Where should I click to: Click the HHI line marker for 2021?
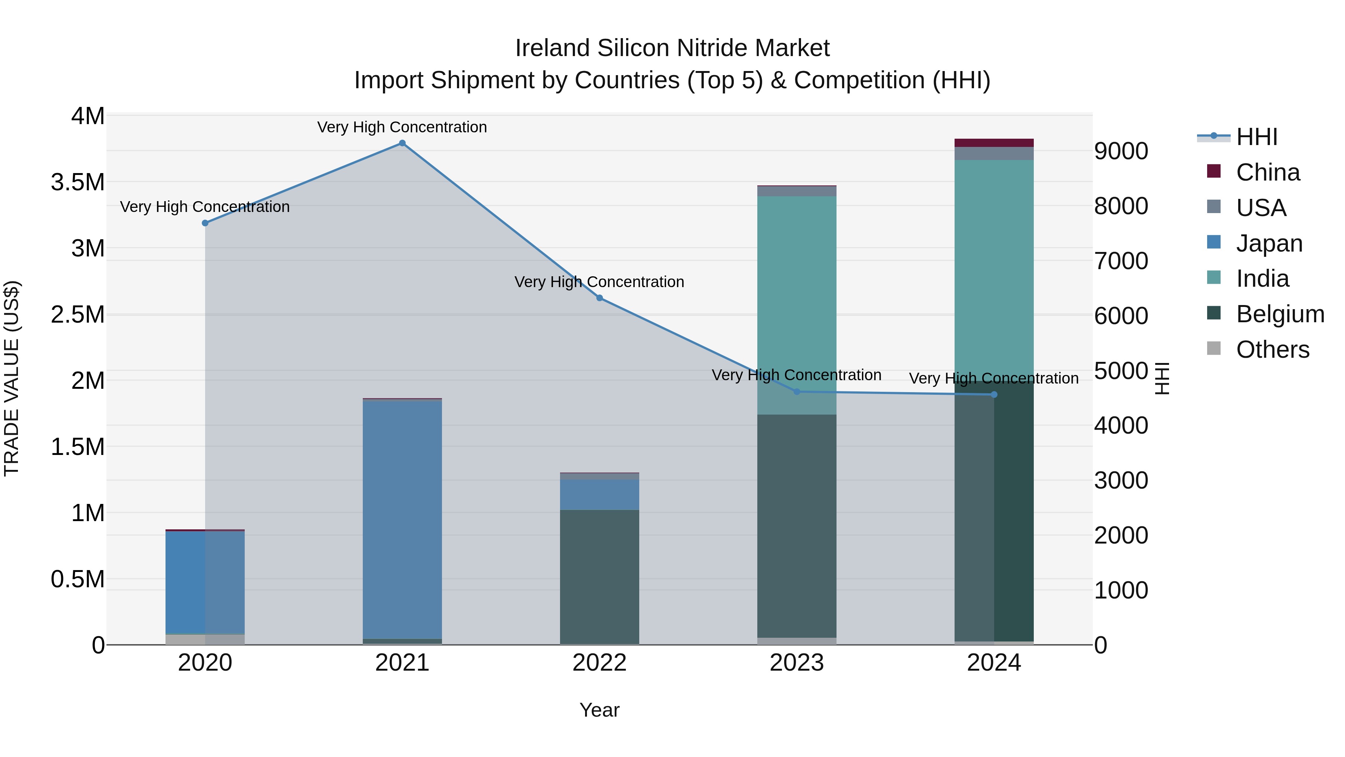click(402, 143)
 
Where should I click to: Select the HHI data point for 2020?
click(205, 223)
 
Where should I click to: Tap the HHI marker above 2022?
click(599, 298)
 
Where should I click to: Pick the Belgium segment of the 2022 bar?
click(599, 575)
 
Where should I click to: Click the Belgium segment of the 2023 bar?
click(797, 523)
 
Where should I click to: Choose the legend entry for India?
click(1262, 279)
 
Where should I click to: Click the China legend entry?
click(1267, 172)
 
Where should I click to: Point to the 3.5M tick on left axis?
click(78, 182)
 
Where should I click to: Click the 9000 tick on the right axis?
click(1121, 151)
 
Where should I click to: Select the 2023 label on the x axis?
click(797, 663)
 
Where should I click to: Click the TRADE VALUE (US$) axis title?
click(12, 378)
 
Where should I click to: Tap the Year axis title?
click(599, 710)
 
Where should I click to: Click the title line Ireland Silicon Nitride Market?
click(672, 48)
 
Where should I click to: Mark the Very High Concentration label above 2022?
click(599, 282)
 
